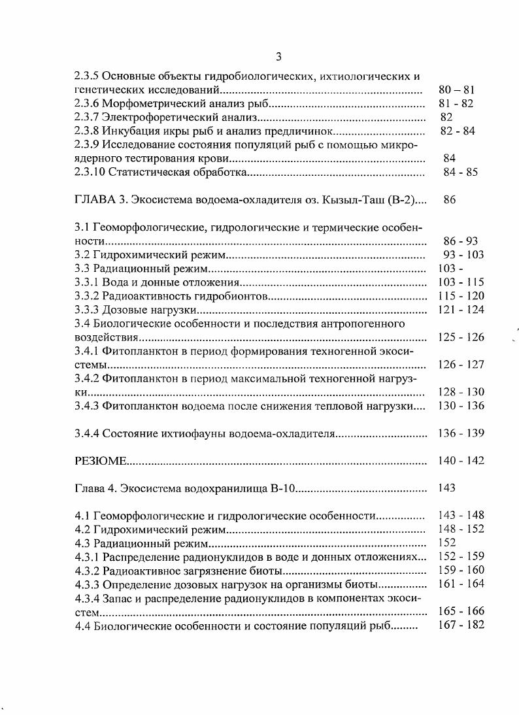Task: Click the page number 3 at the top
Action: (259, 57)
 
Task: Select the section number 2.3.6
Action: (88, 103)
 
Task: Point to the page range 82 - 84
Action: (458, 131)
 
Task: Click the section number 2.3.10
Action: (91, 173)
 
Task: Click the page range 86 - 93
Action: (460, 241)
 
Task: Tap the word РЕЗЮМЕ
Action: (99, 461)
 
